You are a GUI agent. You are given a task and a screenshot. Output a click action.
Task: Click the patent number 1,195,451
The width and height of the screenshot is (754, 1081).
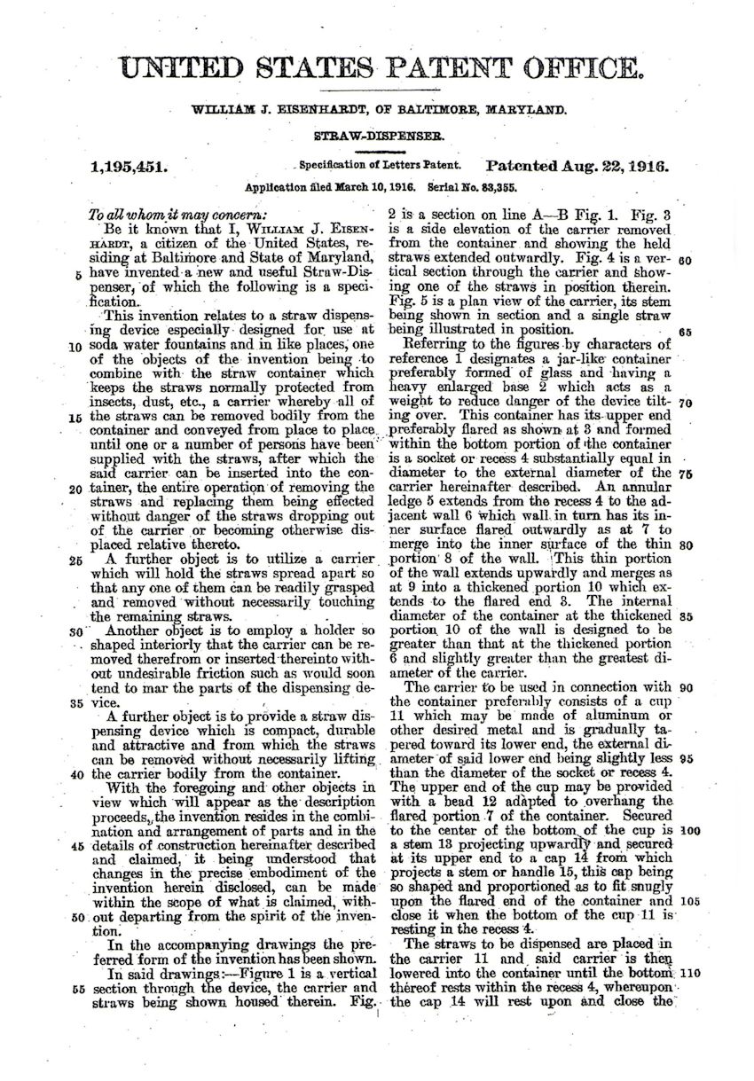pos(129,165)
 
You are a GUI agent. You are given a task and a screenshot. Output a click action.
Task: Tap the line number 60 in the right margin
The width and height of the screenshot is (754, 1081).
pos(683,262)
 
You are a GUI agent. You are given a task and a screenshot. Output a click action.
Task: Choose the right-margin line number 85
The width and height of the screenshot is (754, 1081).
pos(684,615)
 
